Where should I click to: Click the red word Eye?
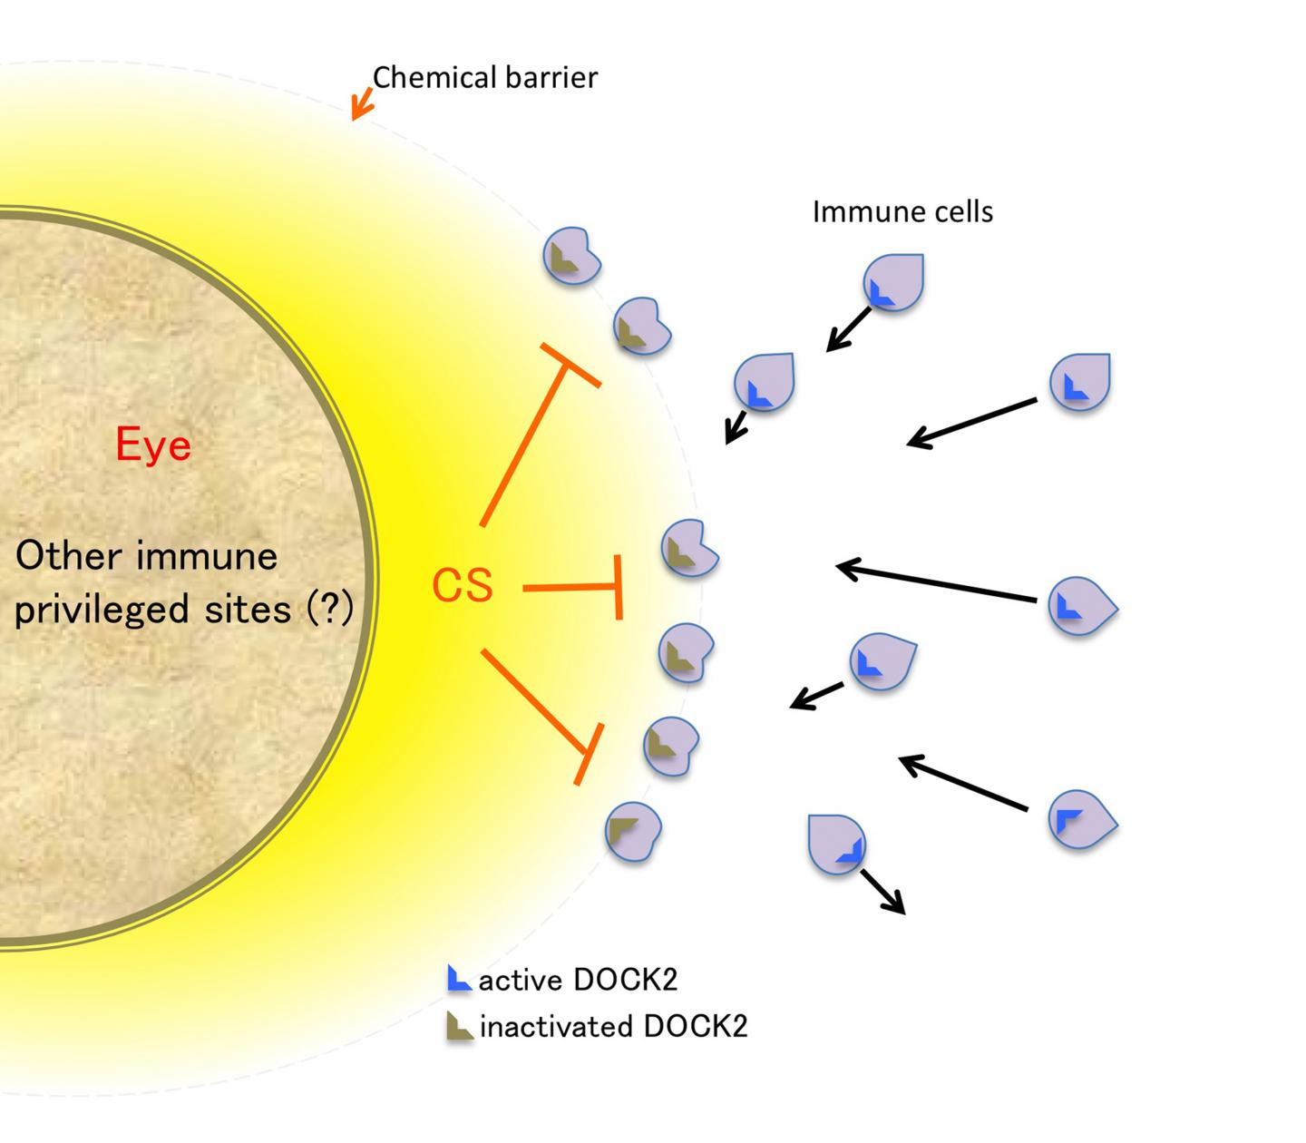click(x=153, y=444)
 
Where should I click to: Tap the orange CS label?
click(x=463, y=585)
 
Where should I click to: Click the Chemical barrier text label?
click(x=485, y=78)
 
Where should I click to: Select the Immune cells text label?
click(x=902, y=211)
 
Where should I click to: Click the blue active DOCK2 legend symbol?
click(x=459, y=979)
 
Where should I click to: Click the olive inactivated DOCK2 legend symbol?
click(x=459, y=1026)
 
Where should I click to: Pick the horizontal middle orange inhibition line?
click(x=571, y=588)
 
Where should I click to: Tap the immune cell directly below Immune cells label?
click(x=893, y=282)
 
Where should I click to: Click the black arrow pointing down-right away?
click(x=882, y=892)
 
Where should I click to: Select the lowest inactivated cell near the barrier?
click(x=633, y=831)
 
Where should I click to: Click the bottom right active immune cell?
click(x=1081, y=821)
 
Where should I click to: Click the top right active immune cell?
click(x=1080, y=382)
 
